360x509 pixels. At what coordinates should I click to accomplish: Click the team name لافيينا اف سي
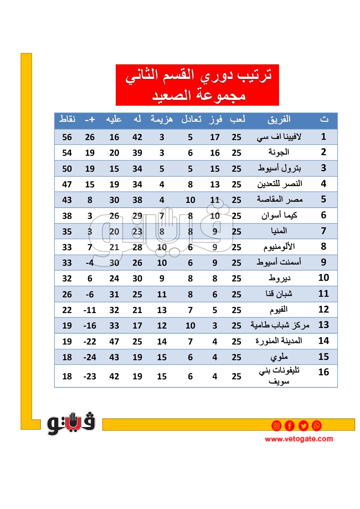tap(279, 137)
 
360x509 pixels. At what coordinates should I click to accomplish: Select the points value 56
tap(67, 137)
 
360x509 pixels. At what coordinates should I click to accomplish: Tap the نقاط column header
tap(67, 119)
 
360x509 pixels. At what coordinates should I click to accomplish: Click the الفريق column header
tap(279, 119)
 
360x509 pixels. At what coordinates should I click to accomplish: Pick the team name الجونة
tap(279, 152)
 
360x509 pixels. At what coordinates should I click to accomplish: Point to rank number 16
tap(324, 372)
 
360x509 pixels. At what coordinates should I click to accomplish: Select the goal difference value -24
tap(90, 357)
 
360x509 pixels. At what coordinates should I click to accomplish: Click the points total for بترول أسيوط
tap(67, 169)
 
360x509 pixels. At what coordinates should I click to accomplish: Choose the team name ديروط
tap(279, 278)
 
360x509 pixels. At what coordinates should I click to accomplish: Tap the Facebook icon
tap(290, 426)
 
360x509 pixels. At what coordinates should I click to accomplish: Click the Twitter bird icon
tap(303, 426)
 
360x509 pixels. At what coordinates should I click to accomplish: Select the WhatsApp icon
tap(316, 426)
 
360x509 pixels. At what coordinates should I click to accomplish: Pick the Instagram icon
tap(276, 426)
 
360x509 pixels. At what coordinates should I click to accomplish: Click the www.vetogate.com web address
tap(299, 439)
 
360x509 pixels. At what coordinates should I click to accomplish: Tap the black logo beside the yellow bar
tap(71, 423)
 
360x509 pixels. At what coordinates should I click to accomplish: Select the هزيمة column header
tap(161, 119)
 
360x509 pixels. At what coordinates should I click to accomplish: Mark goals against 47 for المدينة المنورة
tap(114, 342)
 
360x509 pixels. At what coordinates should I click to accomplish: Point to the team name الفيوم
tap(279, 310)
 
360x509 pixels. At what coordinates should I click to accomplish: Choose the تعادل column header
tap(191, 119)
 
